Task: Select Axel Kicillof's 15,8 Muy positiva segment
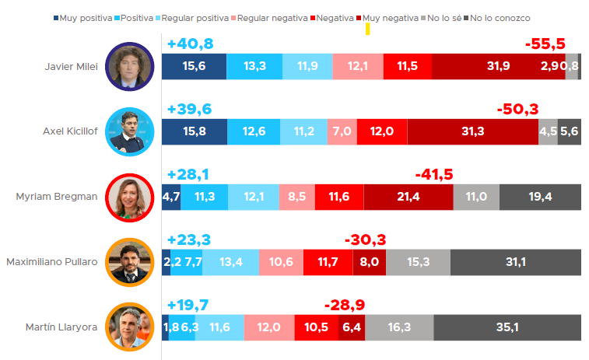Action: pyautogui.click(x=194, y=131)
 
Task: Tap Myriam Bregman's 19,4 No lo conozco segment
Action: pyautogui.click(x=540, y=197)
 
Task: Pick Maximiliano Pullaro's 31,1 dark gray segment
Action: pyautogui.click(x=516, y=262)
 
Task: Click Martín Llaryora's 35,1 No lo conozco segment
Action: pyautogui.click(x=507, y=327)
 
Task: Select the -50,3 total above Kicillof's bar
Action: pyautogui.click(x=517, y=109)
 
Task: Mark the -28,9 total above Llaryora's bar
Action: pyautogui.click(x=345, y=304)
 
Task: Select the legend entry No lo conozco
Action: pyautogui.click(x=503, y=17)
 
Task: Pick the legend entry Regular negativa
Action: pyautogui.click(x=265, y=17)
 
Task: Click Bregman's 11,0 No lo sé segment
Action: pyautogui.click(x=476, y=197)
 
